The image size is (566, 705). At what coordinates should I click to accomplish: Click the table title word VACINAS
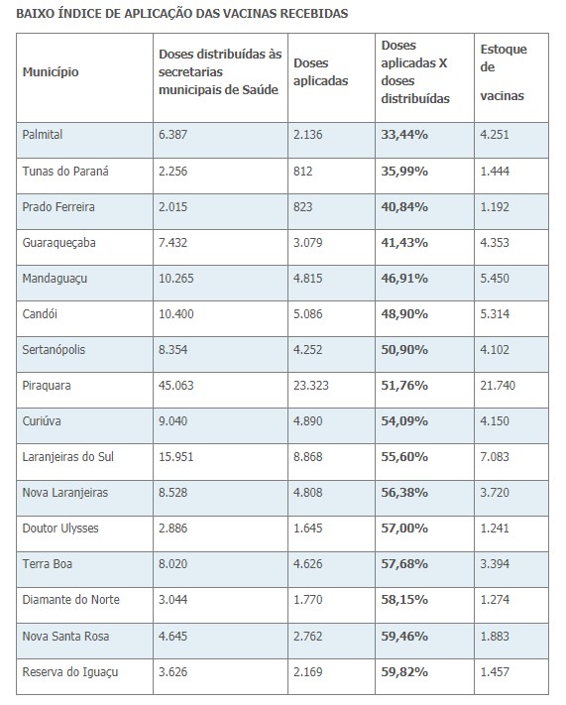[249, 14]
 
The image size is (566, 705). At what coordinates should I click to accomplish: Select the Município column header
[51, 72]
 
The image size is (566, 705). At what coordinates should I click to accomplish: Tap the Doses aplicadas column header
[320, 72]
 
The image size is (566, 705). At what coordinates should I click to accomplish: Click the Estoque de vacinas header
[504, 72]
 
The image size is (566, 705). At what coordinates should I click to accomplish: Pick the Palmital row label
[43, 135]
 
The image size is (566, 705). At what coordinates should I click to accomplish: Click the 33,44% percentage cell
[404, 135]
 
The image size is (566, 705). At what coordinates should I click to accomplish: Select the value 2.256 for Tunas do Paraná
[172, 172]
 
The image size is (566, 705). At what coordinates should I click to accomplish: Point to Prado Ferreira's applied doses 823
[302, 207]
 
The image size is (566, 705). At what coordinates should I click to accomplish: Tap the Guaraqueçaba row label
[58, 243]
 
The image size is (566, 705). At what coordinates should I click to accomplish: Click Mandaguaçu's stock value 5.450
[495, 279]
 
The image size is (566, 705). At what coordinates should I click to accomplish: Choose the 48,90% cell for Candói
[404, 314]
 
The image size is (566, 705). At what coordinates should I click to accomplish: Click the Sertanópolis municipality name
[54, 350]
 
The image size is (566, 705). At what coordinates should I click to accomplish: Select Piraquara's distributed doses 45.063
[175, 386]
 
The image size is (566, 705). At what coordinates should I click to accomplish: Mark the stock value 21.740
[498, 386]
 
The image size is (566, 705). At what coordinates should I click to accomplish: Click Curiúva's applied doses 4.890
[308, 420]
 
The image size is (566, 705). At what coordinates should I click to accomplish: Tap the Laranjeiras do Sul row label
[67, 457]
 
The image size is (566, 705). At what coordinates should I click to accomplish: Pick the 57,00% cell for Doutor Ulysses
[404, 528]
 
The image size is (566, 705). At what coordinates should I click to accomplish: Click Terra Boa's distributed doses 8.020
[172, 564]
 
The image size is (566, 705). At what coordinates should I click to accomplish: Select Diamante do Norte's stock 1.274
[495, 599]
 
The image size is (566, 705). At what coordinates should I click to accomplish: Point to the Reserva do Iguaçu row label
[70, 672]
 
